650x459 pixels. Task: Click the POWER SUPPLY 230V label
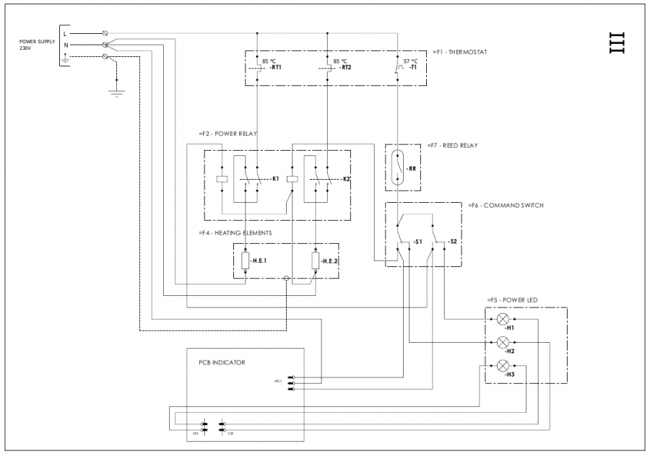[x=33, y=45]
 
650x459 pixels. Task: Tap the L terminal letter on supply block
[x=66, y=33]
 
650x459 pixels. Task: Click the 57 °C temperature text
[x=410, y=61]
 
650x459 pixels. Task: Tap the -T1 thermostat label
[x=412, y=68]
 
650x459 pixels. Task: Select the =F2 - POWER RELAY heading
[x=227, y=134]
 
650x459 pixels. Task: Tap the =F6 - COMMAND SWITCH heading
[x=506, y=205]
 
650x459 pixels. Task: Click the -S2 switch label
[x=452, y=241]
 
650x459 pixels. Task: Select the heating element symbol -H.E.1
[x=246, y=261]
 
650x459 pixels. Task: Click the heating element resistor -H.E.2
[x=316, y=261]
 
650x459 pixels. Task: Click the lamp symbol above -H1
[x=503, y=318]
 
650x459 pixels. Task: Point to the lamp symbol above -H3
[x=503, y=364]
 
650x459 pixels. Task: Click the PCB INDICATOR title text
[x=222, y=362]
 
